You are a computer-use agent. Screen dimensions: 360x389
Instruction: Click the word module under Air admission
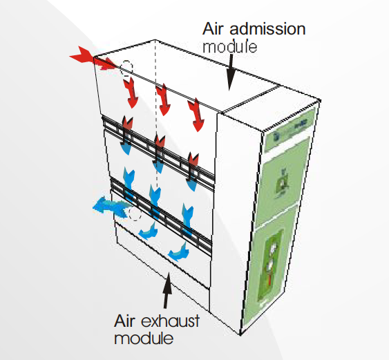[230, 47]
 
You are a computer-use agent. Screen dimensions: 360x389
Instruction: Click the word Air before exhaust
[126, 321]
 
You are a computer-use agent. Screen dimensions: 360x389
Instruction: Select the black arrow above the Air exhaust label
[166, 290]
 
